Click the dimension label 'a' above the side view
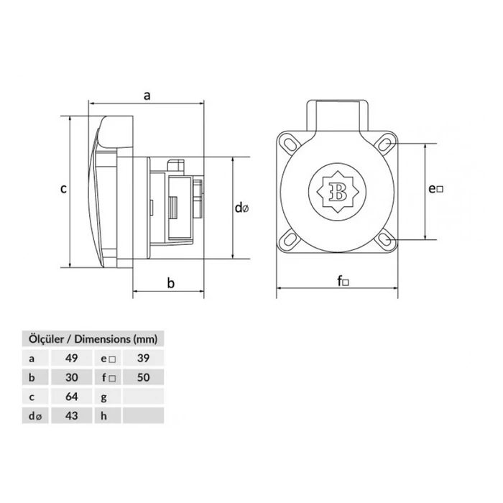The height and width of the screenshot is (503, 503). click(x=147, y=94)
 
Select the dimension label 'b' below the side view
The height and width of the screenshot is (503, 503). click(x=171, y=282)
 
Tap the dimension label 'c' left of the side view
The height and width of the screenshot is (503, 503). click(x=63, y=189)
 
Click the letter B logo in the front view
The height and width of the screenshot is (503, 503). click(x=336, y=191)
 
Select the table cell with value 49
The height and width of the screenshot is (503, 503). click(x=71, y=357)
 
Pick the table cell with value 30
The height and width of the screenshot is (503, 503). click(x=71, y=377)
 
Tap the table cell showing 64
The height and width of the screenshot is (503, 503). click(x=71, y=396)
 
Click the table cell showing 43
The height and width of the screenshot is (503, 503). click(x=71, y=415)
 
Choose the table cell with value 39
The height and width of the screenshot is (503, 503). click(x=143, y=357)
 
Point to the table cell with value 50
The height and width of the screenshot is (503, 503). click(x=143, y=377)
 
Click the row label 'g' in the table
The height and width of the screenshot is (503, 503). click(x=105, y=396)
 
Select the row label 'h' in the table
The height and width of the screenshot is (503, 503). click(x=105, y=415)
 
